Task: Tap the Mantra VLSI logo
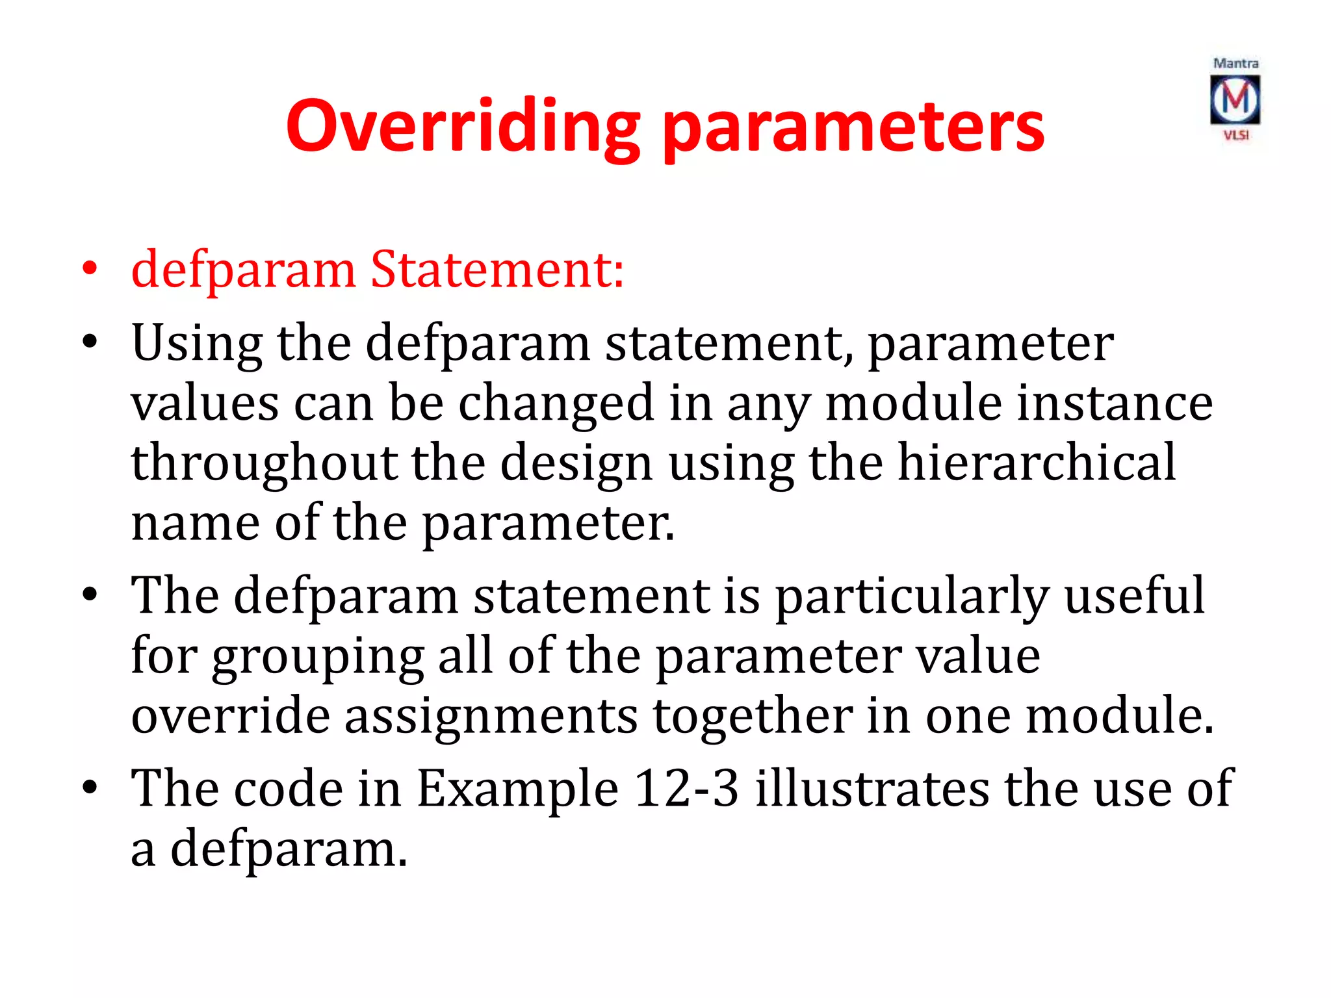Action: (x=1235, y=99)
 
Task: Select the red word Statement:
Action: (x=497, y=269)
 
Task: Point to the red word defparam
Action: (x=243, y=270)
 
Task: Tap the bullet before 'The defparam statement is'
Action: (x=90, y=594)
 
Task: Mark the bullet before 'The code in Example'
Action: (x=90, y=787)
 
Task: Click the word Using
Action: (x=196, y=343)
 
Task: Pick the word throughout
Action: (x=264, y=463)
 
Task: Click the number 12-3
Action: (x=686, y=788)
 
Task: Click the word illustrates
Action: (x=872, y=788)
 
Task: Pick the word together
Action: (x=752, y=717)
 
